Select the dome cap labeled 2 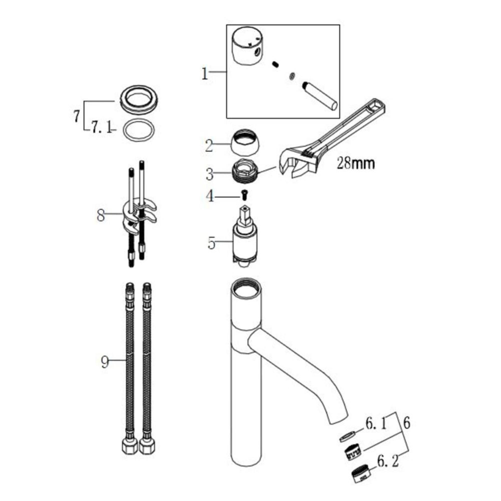coord(245,143)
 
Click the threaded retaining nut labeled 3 coord(245,172)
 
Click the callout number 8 coord(101,215)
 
